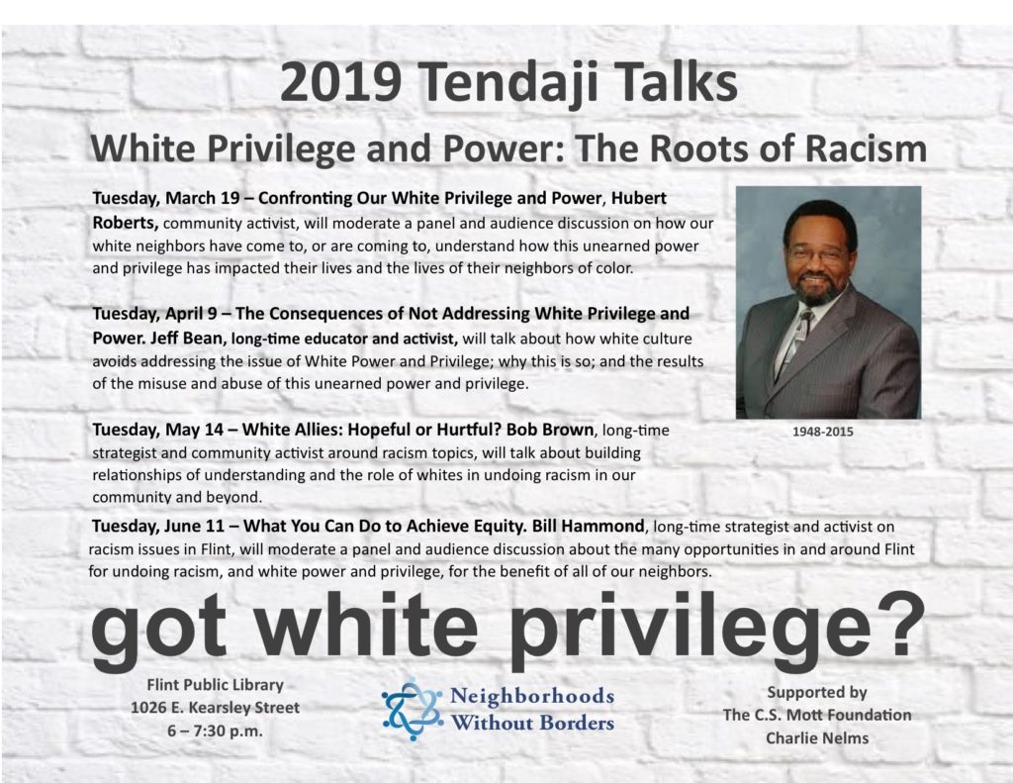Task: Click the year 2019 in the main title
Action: click(x=340, y=82)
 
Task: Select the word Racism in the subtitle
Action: click(x=866, y=148)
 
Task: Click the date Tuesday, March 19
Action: click(x=166, y=198)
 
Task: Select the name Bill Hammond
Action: click(x=588, y=526)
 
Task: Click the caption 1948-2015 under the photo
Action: click(x=822, y=432)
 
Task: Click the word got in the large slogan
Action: click(x=159, y=632)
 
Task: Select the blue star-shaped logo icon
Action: click(x=413, y=709)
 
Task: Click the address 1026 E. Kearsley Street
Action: click(x=215, y=708)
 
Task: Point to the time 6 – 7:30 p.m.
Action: click(x=215, y=732)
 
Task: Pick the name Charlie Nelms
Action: click(x=817, y=737)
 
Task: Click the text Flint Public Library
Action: click(x=215, y=685)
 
